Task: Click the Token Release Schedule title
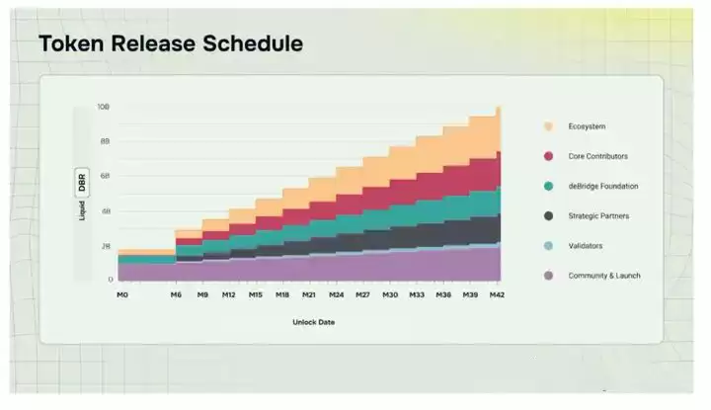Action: (x=170, y=44)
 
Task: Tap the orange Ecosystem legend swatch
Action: (x=547, y=126)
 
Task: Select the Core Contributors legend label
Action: (x=597, y=156)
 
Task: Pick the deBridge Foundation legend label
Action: (x=601, y=186)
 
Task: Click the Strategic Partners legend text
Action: (x=598, y=215)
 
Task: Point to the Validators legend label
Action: (x=586, y=245)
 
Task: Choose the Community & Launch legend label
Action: (x=603, y=275)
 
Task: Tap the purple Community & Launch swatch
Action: (x=547, y=275)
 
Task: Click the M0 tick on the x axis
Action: (x=122, y=294)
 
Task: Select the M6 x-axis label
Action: (x=176, y=294)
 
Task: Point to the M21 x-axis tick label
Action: (x=309, y=294)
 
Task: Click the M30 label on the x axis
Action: (x=389, y=294)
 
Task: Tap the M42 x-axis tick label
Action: (x=497, y=294)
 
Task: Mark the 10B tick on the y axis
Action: (x=104, y=107)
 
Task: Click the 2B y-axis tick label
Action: (x=105, y=246)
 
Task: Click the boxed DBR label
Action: (x=82, y=183)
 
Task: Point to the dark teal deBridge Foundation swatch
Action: (x=547, y=186)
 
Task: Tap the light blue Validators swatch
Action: (x=547, y=245)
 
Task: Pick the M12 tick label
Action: (x=229, y=294)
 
